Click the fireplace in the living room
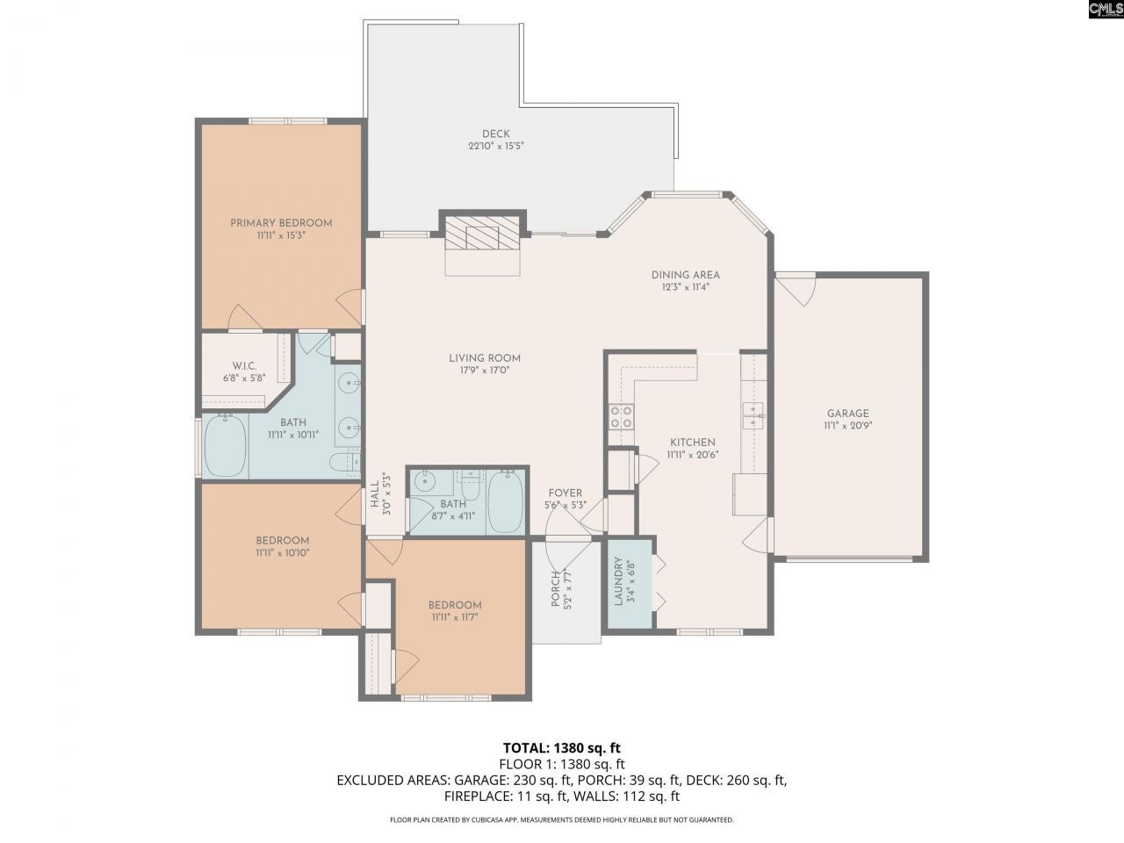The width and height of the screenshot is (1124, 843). pyautogui.click(x=482, y=235)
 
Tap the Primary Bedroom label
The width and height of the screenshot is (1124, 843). pyautogui.click(x=281, y=223)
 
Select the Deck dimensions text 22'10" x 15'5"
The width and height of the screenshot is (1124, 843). pyautogui.click(x=495, y=148)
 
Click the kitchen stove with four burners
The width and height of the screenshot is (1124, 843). pyautogui.click(x=622, y=416)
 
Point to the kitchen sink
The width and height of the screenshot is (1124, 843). pyautogui.click(x=753, y=414)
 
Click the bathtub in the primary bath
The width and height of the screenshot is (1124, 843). pyautogui.click(x=226, y=446)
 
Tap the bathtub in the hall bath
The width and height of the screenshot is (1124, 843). pyautogui.click(x=505, y=501)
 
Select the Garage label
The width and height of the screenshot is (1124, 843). pyautogui.click(x=847, y=414)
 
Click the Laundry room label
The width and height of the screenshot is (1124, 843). pyautogui.click(x=618, y=581)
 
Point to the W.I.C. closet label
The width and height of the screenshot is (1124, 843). pyautogui.click(x=243, y=366)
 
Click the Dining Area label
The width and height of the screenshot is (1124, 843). pyautogui.click(x=685, y=275)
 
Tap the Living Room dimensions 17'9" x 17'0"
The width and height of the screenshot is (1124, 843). pyautogui.click(x=485, y=371)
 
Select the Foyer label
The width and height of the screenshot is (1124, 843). pyautogui.click(x=565, y=494)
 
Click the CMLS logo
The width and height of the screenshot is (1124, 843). pyautogui.click(x=1104, y=10)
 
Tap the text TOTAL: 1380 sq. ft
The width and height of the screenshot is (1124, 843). pyautogui.click(x=561, y=748)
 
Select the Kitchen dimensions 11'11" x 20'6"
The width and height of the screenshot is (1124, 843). pyautogui.click(x=692, y=455)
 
